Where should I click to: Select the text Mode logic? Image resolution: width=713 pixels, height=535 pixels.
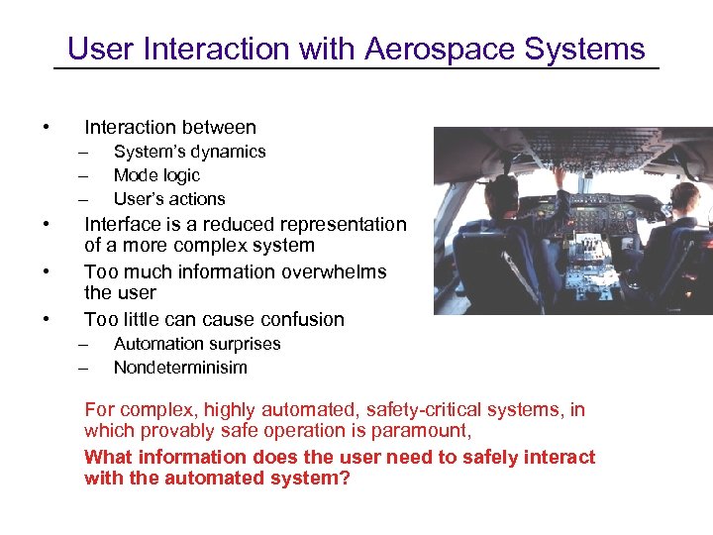pos(156,175)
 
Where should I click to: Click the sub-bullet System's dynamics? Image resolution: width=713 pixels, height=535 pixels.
pos(189,152)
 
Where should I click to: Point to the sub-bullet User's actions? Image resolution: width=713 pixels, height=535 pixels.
pos(169,199)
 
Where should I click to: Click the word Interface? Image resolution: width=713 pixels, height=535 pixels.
pos(124,225)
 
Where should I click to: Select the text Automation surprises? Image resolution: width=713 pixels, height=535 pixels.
pos(197,344)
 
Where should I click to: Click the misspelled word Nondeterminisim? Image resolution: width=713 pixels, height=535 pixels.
pos(180,368)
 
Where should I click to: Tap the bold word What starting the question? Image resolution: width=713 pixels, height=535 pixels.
pos(108,457)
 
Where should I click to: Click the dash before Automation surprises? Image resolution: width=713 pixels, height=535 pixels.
pos(85,344)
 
